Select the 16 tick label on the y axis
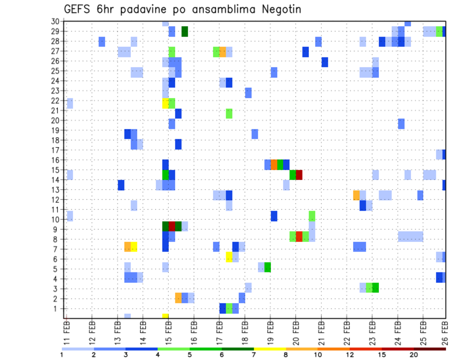pos(55,160)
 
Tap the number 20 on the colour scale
pos(413,355)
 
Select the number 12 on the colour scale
pos(350,355)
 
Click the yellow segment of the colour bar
pos(270,349)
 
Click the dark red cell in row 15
pos(299,175)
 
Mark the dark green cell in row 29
pos(185,32)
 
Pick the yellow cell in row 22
pos(165,103)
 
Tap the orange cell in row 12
pos(357,195)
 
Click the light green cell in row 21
pos(229,113)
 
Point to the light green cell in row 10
pos(312,216)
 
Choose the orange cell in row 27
pos(223,52)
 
